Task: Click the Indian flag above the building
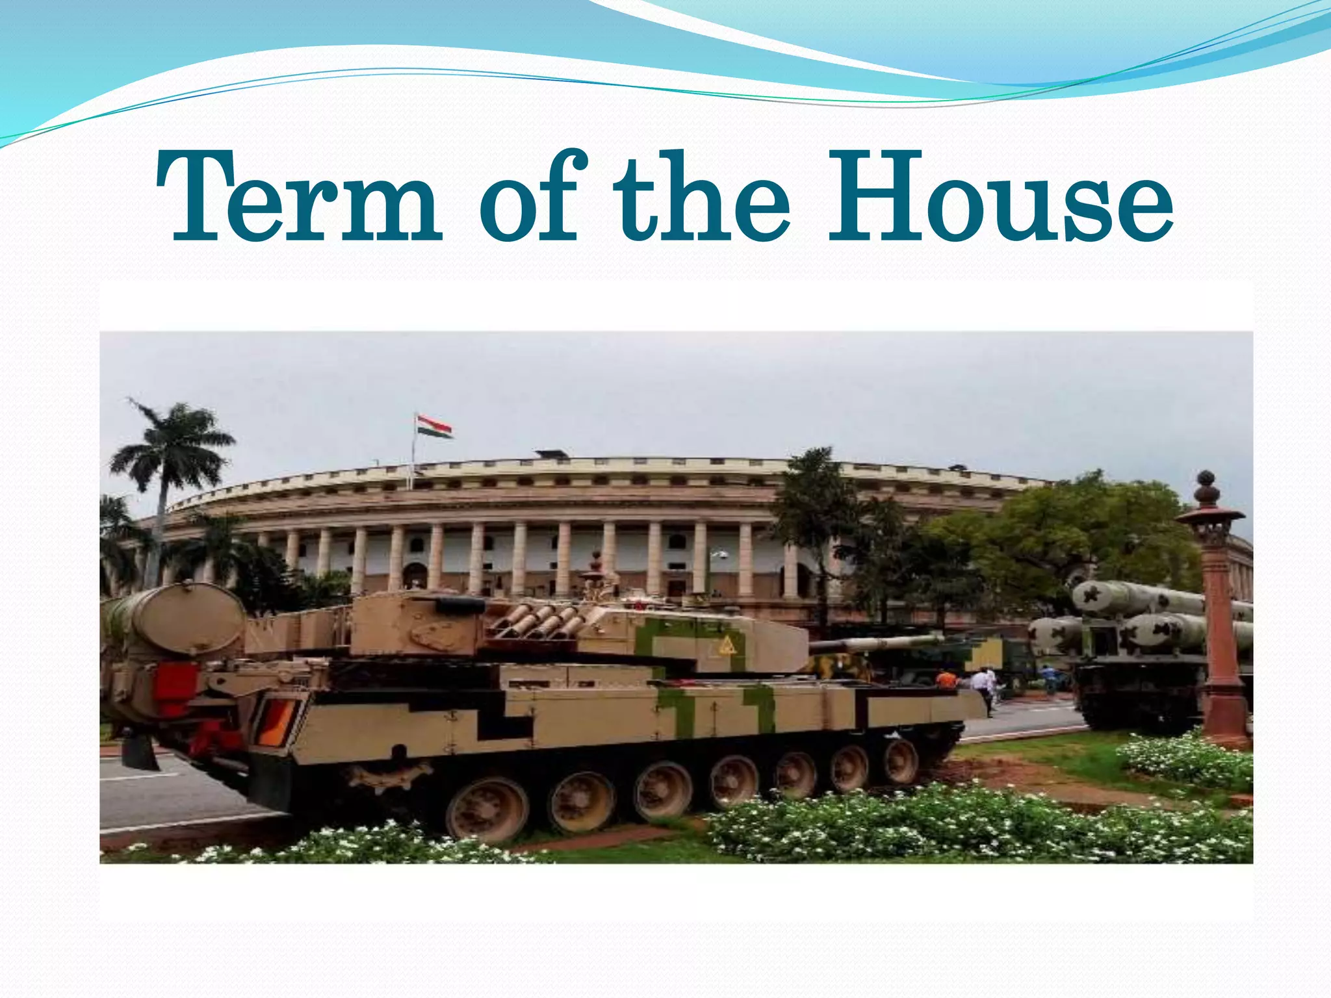pos(434,427)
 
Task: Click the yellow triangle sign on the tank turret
pos(726,645)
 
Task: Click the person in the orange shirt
pos(946,680)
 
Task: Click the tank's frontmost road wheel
pos(901,761)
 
